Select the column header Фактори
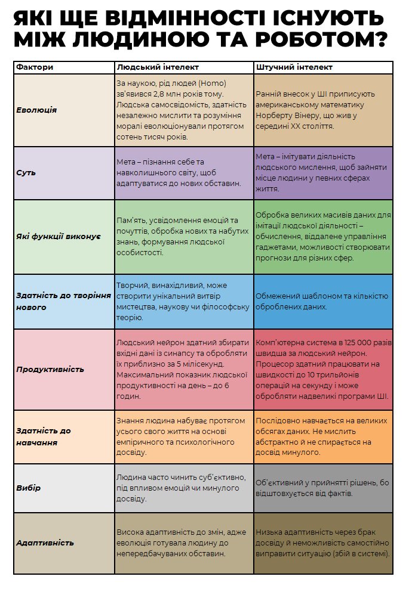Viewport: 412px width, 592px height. [35, 67]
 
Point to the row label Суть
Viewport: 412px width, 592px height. [26, 173]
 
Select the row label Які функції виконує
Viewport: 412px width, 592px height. [58, 237]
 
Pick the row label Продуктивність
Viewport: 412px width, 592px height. [50, 369]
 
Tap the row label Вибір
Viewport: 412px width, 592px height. [29, 488]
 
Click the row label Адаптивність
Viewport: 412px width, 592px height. [45, 543]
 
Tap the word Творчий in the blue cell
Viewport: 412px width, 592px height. [130, 286]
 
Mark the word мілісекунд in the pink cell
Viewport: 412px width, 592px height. [203, 364]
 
